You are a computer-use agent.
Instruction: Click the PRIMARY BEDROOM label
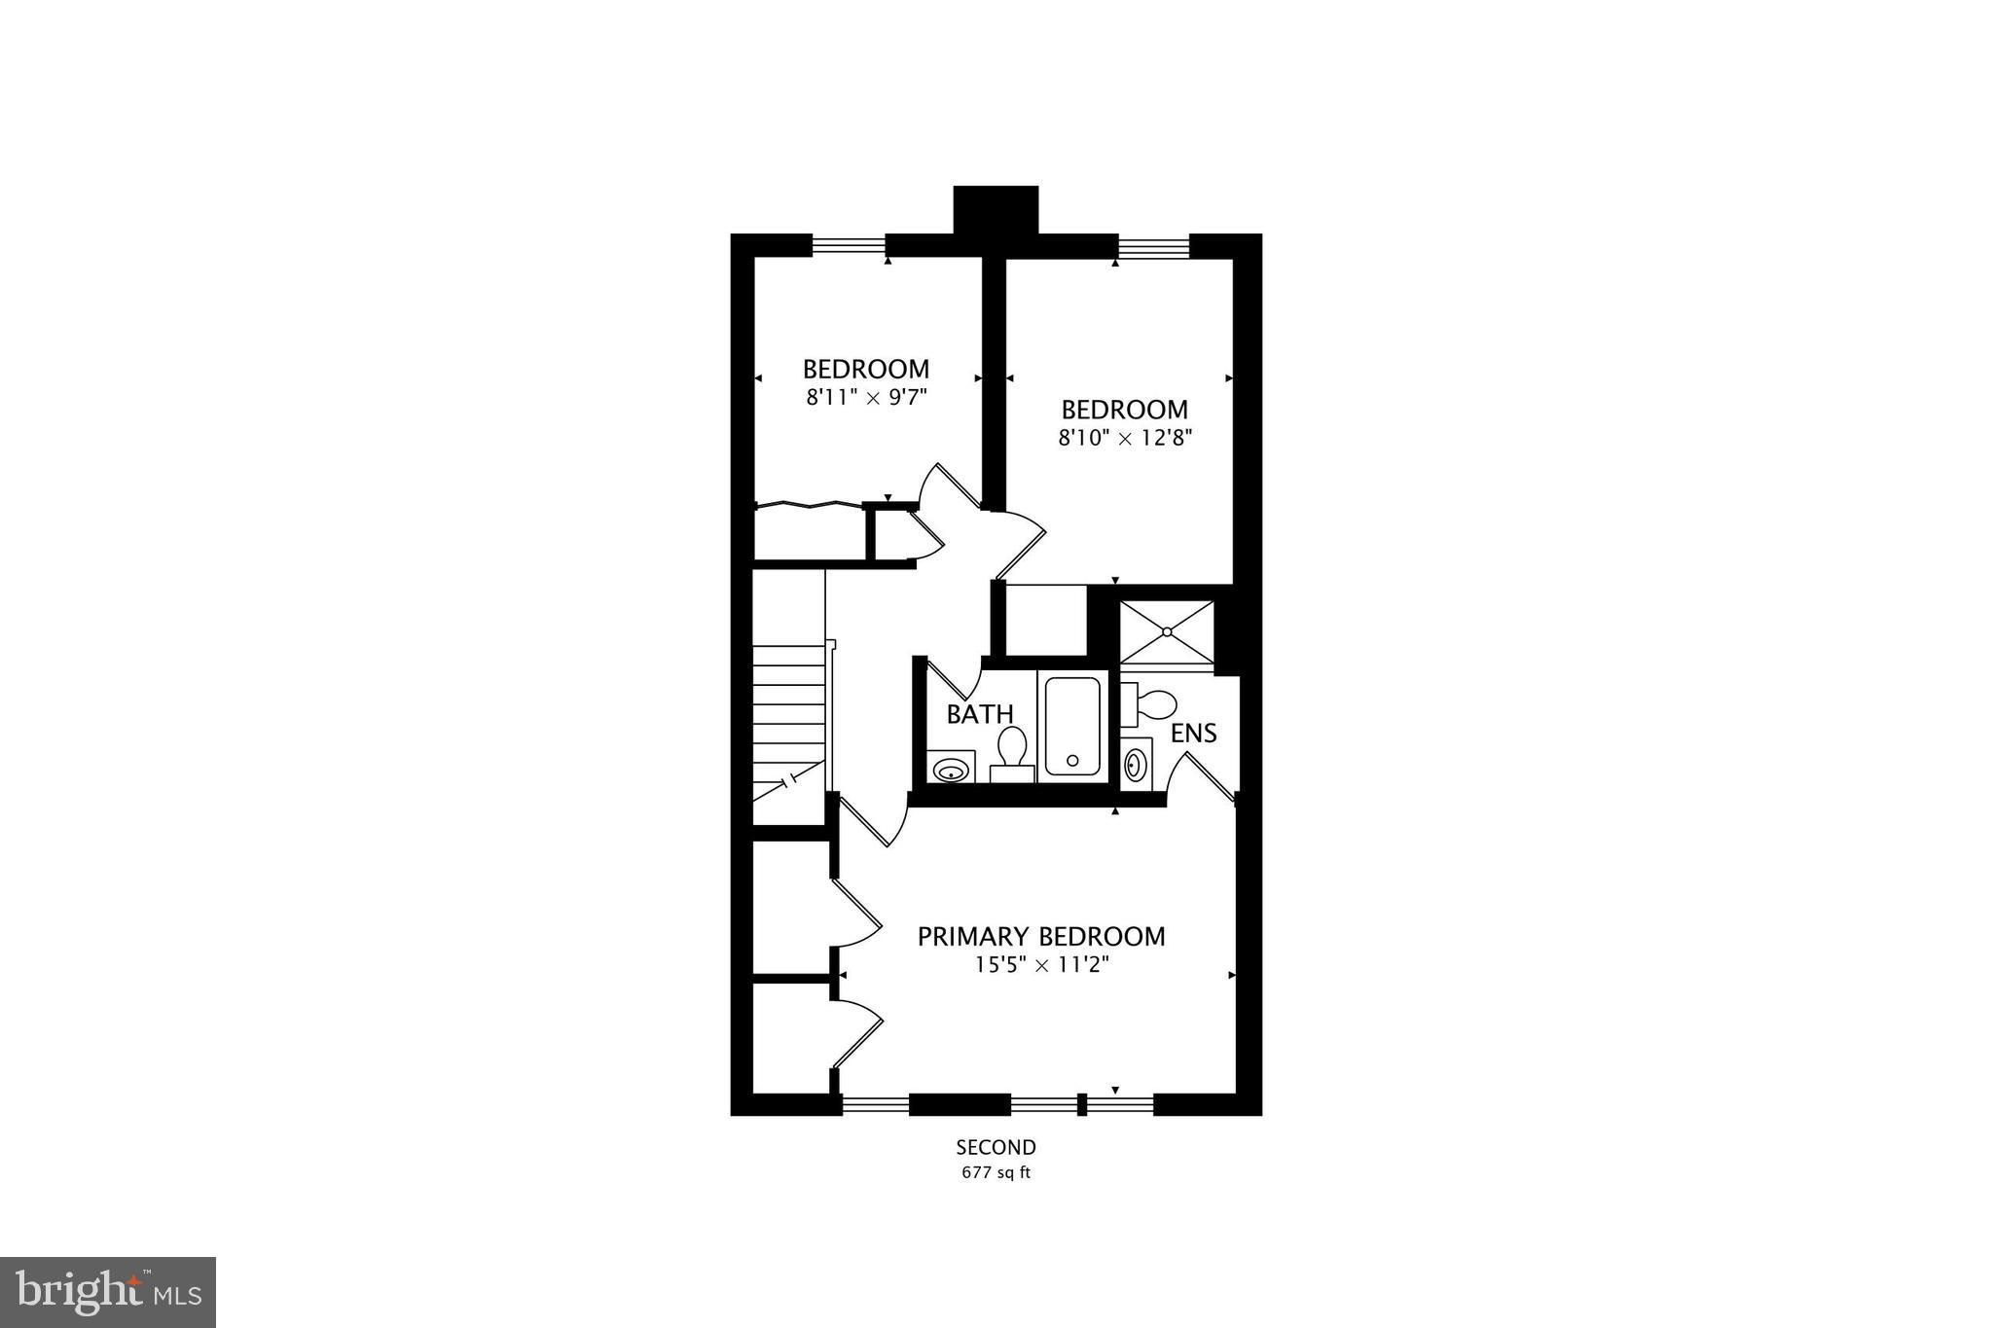1041,936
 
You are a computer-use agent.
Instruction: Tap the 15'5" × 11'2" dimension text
1042,965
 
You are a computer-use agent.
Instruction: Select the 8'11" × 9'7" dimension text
865,397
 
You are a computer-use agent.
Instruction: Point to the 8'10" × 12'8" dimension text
1125,438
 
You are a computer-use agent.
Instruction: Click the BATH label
980,714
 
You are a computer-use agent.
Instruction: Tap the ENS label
1193,733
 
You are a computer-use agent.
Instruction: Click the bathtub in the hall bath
1072,726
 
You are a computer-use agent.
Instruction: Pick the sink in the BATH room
950,771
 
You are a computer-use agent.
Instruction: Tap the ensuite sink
1136,764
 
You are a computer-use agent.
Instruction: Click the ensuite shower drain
1167,632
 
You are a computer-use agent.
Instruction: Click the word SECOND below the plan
996,1147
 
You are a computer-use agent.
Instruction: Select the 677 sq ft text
996,1172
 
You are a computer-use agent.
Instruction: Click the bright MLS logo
108,1292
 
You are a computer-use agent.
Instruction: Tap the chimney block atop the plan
996,209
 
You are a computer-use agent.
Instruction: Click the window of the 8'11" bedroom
849,245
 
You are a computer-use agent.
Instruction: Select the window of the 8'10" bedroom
1153,245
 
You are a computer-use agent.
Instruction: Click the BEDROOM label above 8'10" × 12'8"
1125,410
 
